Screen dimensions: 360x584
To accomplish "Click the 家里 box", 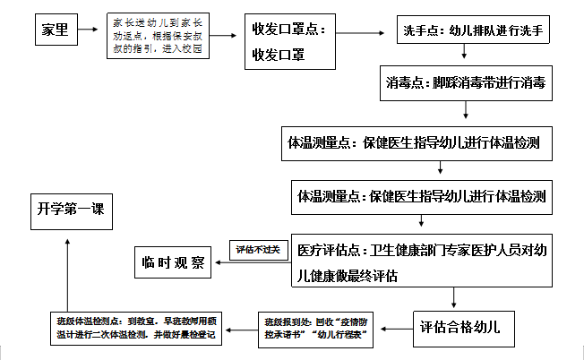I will [53, 32].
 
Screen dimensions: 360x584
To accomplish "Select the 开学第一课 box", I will [71, 210].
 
